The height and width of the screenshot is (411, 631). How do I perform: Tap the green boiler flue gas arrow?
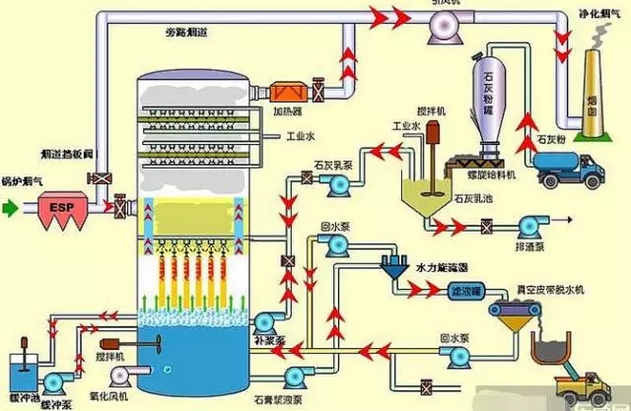[x=12, y=209]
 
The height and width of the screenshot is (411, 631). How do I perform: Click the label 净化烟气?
[x=596, y=15]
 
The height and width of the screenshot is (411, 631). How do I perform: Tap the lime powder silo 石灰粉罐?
[x=489, y=99]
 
